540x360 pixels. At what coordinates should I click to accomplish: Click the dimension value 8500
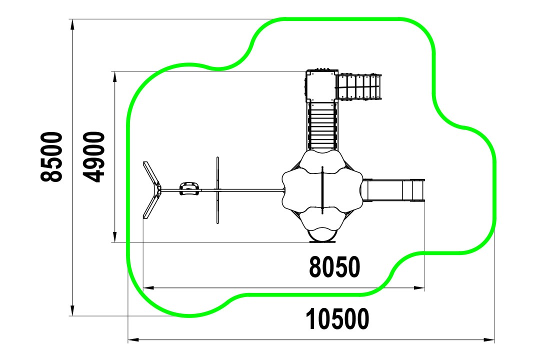pos(51,156)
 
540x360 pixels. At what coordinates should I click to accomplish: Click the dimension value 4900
pos(93,156)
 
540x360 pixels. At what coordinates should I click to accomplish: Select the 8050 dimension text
pos(334,267)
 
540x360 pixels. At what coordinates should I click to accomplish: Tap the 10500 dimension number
pos(337,319)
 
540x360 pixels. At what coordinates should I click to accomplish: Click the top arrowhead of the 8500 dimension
pos(72,24)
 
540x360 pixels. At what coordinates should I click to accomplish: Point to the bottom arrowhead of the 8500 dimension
pos(72,310)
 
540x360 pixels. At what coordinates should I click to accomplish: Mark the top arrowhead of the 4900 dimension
pos(114,77)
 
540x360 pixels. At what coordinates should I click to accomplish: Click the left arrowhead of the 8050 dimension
pos(148,287)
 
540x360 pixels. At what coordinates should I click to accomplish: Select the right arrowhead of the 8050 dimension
pos(419,287)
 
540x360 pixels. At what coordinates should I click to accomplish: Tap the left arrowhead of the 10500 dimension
pos(133,339)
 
